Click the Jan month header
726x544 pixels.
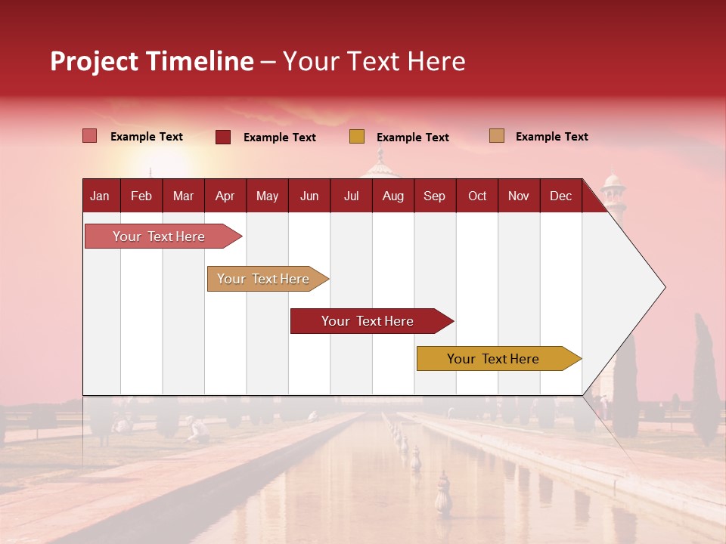101,196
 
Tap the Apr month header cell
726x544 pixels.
225,196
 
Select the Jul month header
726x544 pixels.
352,196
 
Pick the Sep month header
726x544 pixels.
435,196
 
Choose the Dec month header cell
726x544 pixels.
561,196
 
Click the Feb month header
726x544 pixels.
141,196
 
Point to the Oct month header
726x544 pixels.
477,196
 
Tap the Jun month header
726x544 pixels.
309,196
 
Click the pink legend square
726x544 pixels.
89,136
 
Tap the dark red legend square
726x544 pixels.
223,137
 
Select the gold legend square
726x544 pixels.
357,137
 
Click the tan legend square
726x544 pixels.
496,136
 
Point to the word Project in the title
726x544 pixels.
94,61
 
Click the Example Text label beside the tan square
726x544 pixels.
551,137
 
